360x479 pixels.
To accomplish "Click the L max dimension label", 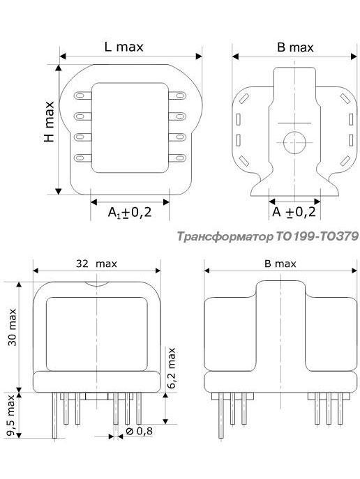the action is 123,47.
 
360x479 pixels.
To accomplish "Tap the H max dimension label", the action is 49,121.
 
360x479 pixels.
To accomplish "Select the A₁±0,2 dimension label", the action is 130,212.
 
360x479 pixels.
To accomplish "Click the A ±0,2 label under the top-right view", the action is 294,212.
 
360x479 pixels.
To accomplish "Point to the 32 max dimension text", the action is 96,264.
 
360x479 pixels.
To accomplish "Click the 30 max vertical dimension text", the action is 13,327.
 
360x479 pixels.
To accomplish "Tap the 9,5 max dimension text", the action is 11,415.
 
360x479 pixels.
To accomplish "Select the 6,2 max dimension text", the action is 172,368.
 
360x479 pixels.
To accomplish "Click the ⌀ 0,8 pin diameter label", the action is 139,431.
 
